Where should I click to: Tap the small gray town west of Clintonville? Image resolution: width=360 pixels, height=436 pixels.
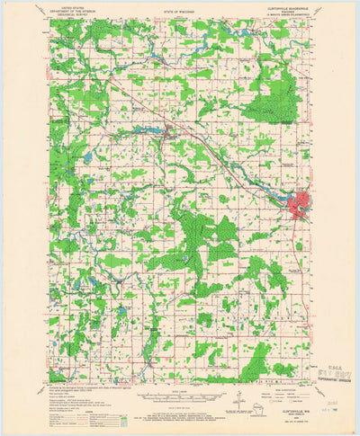pos(166,135)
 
